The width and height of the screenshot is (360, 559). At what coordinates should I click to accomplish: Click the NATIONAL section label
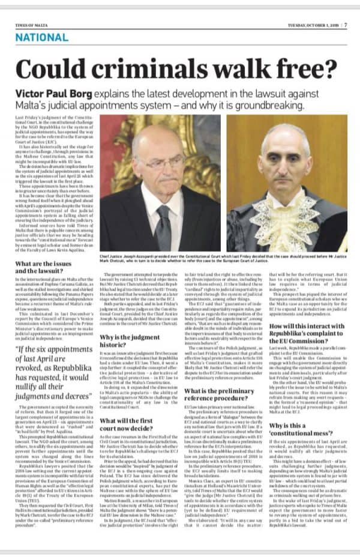click(x=41, y=37)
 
